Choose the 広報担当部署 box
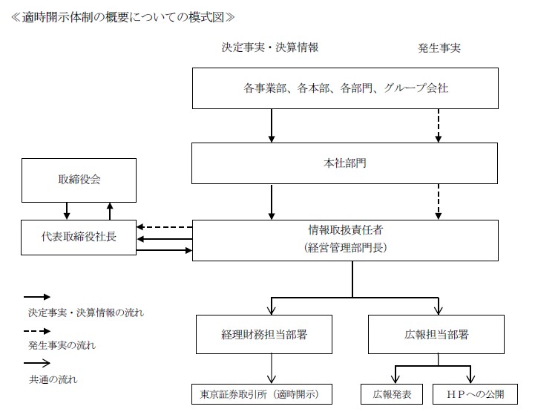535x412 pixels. (x=436, y=335)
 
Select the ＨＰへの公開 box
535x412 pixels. (x=476, y=393)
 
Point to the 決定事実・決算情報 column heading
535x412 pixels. (x=270, y=48)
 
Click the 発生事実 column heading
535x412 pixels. (x=439, y=48)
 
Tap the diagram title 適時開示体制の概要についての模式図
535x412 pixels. (x=123, y=15)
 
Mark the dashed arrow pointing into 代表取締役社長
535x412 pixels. (x=164, y=227)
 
